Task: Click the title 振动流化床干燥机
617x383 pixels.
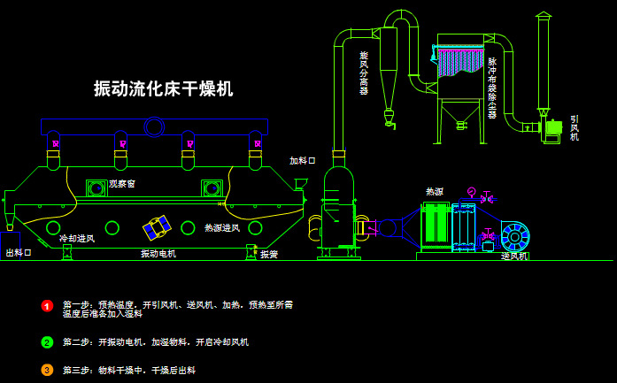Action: coord(164,88)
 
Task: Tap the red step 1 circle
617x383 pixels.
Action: coord(48,306)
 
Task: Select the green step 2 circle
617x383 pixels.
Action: coord(48,342)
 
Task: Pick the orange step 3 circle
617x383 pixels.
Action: coord(48,371)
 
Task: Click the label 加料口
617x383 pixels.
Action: coord(302,161)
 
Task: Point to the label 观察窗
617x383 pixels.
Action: coord(122,184)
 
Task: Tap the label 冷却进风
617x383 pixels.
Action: coord(76,239)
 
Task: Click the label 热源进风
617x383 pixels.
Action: coord(222,228)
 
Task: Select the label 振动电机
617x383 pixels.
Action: coord(158,254)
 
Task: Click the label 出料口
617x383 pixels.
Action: coord(19,253)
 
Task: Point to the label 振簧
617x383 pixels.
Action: coord(269,255)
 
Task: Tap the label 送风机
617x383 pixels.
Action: coord(514,256)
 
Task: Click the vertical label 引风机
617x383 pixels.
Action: coord(575,127)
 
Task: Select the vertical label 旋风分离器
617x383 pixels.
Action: coord(364,73)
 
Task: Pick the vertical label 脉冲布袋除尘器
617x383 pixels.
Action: coord(492,88)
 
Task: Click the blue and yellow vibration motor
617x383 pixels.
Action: coord(158,227)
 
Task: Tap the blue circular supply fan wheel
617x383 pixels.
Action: coord(515,236)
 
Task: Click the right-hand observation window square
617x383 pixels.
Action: coord(212,188)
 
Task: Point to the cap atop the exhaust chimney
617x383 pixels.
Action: coord(543,16)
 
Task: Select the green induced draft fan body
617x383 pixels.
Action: coord(553,129)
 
